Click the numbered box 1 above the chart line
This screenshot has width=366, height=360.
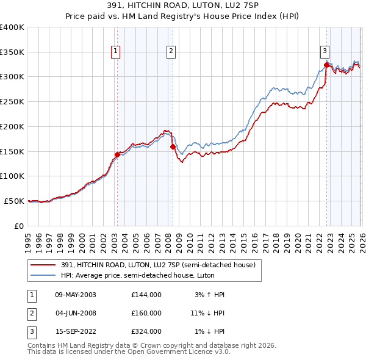tap(116, 51)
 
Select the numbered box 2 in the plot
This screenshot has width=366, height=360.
tap(171, 51)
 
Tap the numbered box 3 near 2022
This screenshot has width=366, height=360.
tap(325, 51)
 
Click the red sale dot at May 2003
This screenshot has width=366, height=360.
tap(118, 154)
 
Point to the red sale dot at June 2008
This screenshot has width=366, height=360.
tap(173, 146)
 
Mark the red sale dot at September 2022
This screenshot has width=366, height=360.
tap(326, 65)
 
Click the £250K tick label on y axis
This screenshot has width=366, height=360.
tap(12, 102)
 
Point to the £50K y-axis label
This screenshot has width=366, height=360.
tap(14, 201)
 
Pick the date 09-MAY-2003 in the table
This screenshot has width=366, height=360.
tap(75, 295)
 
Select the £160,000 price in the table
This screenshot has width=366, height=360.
tap(146, 313)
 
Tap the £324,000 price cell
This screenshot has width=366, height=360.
tap(146, 331)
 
